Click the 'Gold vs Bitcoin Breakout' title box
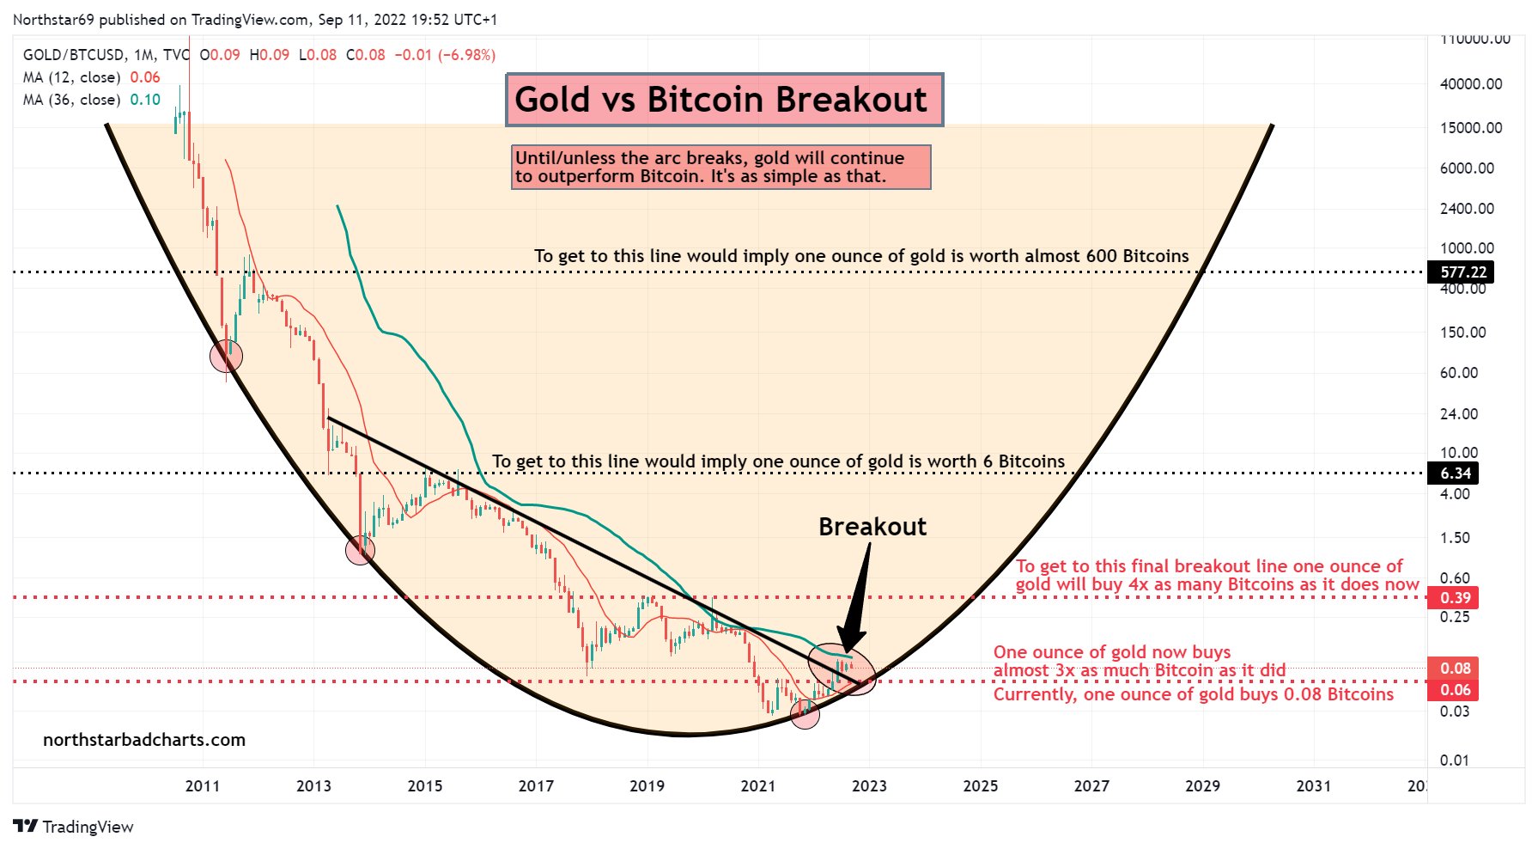pos(724,100)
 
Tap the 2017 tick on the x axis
pos(536,785)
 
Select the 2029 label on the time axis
pos(1202,785)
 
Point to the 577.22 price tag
pos(1462,272)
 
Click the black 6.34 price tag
pos(1455,473)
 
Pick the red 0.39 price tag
pos(1455,597)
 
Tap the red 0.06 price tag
pos(1455,690)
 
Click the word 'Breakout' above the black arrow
pos(872,527)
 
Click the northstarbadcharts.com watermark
pos(144,740)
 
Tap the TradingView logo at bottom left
pos(74,827)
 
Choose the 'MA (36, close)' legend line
pos(91,100)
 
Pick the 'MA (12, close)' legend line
pos(91,77)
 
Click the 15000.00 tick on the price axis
pos(1471,128)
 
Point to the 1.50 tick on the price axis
pos(1455,538)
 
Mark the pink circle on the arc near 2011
pos(227,355)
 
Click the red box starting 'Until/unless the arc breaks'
pos(720,167)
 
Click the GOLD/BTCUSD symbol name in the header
pos(74,55)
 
